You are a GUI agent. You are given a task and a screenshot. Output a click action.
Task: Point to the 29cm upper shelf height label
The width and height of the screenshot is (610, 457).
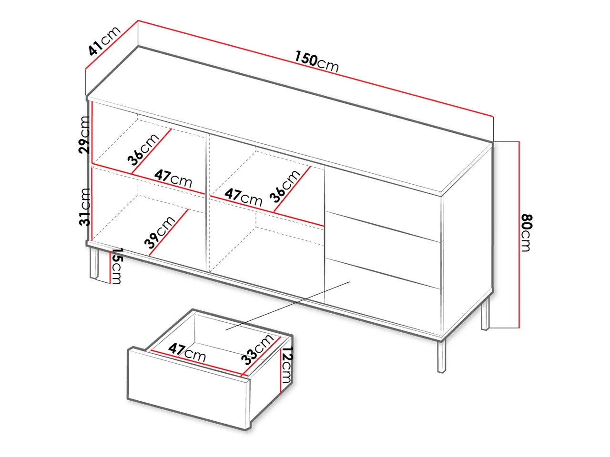click(84, 135)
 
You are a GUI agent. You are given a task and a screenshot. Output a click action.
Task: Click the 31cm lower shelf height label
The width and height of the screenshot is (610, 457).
click(84, 207)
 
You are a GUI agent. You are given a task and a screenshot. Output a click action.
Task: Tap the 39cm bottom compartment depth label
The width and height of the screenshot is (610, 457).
click(160, 232)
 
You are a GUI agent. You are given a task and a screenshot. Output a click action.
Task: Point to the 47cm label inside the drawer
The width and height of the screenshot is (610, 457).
click(187, 352)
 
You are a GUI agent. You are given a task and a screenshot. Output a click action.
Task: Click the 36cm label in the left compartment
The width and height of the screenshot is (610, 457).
click(143, 149)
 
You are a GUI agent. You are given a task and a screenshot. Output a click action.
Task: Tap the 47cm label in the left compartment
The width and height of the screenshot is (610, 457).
click(173, 179)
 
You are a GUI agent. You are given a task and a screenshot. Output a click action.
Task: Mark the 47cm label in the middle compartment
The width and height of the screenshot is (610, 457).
click(244, 197)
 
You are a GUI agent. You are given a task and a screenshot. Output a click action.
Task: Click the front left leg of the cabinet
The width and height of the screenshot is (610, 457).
click(94, 263)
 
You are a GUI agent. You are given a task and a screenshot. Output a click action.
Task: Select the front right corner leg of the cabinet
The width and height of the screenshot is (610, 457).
click(441, 356)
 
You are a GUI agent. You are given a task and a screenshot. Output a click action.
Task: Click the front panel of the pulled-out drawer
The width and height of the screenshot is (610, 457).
click(189, 389)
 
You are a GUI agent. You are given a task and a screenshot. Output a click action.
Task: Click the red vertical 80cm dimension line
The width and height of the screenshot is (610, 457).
click(518, 235)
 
